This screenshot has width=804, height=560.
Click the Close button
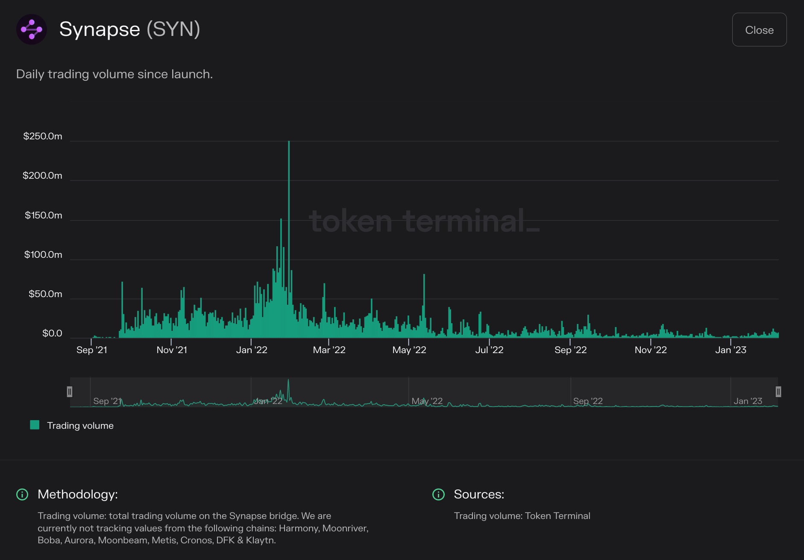pyautogui.click(x=759, y=30)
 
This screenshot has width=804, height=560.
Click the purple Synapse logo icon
pyautogui.click(x=32, y=29)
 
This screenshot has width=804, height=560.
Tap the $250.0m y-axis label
pyautogui.click(x=43, y=136)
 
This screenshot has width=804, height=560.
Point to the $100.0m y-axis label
pyautogui.click(x=43, y=255)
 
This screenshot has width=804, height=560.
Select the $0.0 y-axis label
pyautogui.click(x=52, y=333)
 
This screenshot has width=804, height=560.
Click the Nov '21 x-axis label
pyautogui.click(x=172, y=350)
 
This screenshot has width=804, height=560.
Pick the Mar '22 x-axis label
pyautogui.click(x=329, y=350)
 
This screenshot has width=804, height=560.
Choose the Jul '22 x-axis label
pyautogui.click(x=489, y=350)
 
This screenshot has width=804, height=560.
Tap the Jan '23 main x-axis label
pyautogui.click(x=731, y=350)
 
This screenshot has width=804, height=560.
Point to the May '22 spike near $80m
pyautogui.click(x=424, y=299)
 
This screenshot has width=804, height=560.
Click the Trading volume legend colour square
pyautogui.click(x=35, y=425)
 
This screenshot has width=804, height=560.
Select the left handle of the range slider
pyautogui.click(x=70, y=392)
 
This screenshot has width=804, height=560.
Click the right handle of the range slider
pyautogui.click(x=778, y=392)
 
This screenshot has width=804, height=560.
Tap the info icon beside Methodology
pyautogui.click(x=22, y=495)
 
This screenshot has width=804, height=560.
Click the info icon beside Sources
pyautogui.click(x=438, y=495)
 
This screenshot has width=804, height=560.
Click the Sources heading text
pyautogui.click(x=479, y=495)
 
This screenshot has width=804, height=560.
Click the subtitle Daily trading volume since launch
pyautogui.click(x=114, y=74)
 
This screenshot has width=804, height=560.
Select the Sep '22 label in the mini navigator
pyautogui.click(x=588, y=401)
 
